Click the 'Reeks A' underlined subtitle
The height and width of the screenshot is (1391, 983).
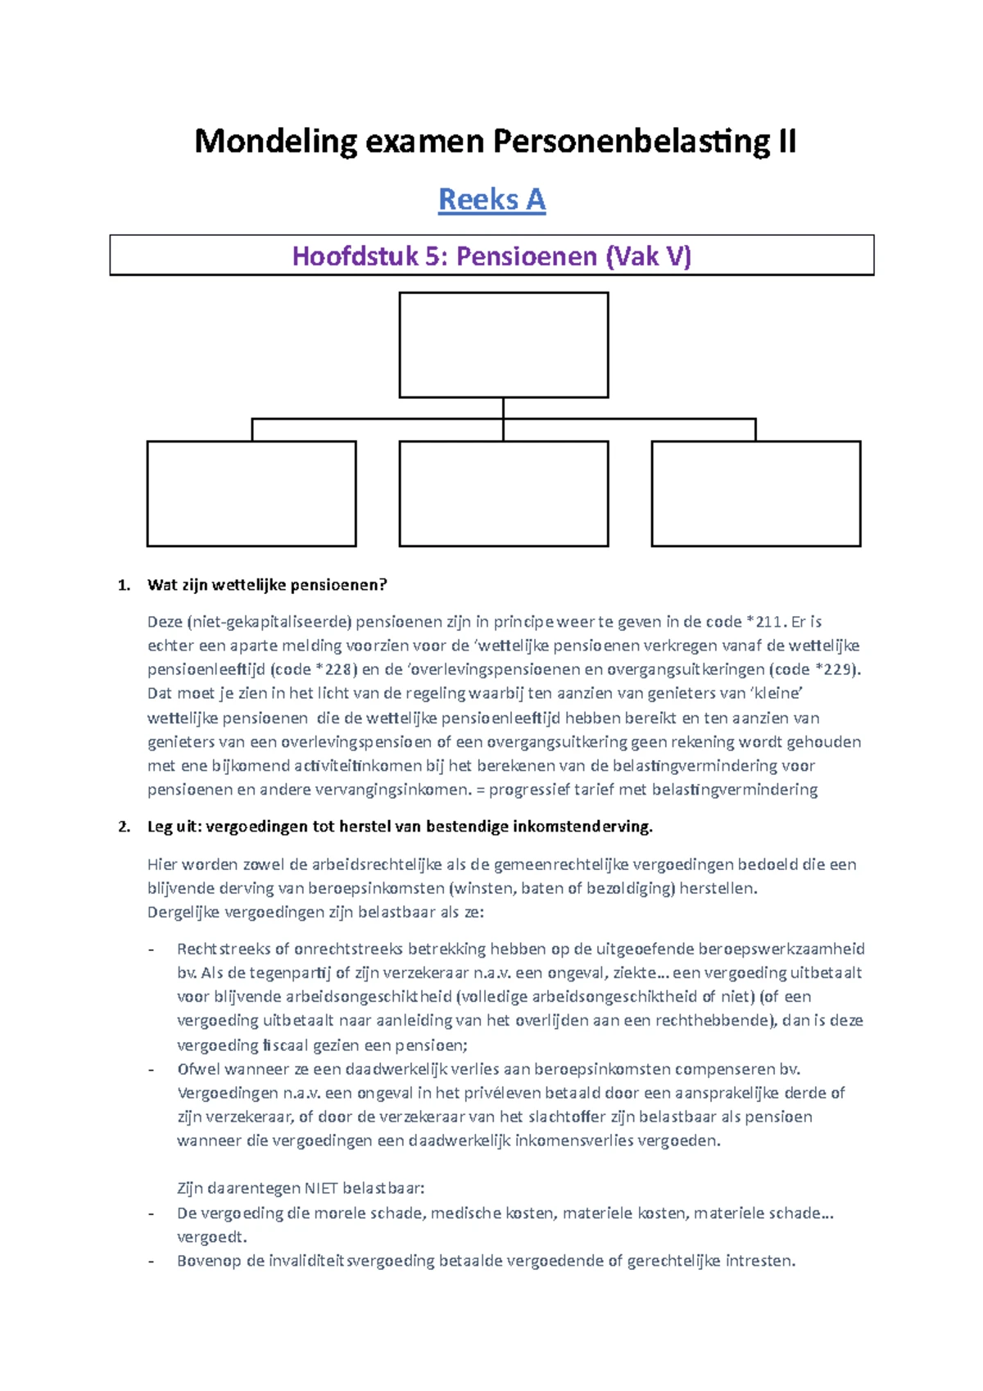(x=491, y=200)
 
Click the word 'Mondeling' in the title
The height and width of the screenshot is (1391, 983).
(x=275, y=142)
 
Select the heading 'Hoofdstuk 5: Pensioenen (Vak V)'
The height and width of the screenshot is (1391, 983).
(x=491, y=256)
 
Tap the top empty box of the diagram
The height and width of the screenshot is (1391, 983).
(x=503, y=345)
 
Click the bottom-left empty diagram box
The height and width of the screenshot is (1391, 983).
(x=251, y=493)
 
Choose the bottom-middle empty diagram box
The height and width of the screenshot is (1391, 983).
(x=503, y=493)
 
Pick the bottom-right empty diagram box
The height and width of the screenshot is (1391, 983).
(x=755, y=493)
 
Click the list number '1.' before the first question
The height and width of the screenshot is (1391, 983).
(x=125, y=585)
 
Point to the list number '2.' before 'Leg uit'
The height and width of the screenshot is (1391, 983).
(x=125, y=827)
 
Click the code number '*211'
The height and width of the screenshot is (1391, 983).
(x=764, y=622)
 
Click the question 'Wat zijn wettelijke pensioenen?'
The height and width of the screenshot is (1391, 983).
(x=267, y=585)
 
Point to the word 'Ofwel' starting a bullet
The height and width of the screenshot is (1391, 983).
(x=199, y=1069)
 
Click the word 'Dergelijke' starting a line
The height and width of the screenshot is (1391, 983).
(x=183, y=913)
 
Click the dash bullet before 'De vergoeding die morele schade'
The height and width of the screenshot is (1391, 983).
(x=151, y=1213)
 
